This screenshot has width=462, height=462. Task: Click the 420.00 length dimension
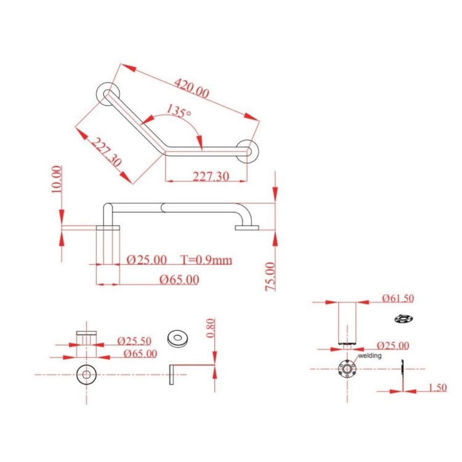click(x=192, y=87)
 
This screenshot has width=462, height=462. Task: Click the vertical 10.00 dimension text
click(x=57, y=179)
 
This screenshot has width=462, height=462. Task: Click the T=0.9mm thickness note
click(x=206, y=259)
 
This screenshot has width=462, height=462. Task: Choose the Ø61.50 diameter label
click(x=397, y=299)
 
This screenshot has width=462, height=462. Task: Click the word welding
click(x=370, y=355)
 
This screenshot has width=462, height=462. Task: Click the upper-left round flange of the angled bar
click(x=107, y=92)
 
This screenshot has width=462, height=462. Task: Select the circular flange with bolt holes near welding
click(x=347, y=370)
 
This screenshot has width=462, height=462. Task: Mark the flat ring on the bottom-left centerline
click(x=86, y=374)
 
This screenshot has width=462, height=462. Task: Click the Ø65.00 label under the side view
click(x=179, y=279)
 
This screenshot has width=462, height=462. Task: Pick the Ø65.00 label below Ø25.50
click(x=140, y=354)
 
